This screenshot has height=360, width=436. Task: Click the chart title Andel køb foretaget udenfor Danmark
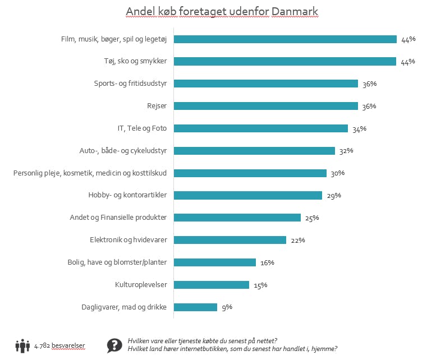coord(222,12)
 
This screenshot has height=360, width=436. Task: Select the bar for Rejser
coord(266,106)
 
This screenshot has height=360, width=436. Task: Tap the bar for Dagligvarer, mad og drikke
coord(195,307)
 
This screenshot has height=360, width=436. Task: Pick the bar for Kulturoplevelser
coord(212,285)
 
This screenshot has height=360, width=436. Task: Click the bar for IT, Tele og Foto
coord(261,128)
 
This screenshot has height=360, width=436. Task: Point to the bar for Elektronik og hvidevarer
coord(230,240)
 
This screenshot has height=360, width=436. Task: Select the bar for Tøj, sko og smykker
coord(285,61)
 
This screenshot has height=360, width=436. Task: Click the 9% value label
coord(226,307)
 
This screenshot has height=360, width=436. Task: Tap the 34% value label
coord(359,128)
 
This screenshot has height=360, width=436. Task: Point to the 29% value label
coord(334,196)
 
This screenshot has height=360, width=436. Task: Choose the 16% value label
coord(267,262)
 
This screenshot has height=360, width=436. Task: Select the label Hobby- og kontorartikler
coord(128,196)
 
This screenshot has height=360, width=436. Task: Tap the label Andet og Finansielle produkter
coord(119,218)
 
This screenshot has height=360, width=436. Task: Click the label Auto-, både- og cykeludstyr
coord(124,151)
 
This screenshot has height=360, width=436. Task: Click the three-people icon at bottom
coord(22,346)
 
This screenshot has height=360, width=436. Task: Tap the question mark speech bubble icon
coord(114,345)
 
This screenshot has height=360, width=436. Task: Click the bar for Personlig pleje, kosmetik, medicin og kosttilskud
coord(250,173)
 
